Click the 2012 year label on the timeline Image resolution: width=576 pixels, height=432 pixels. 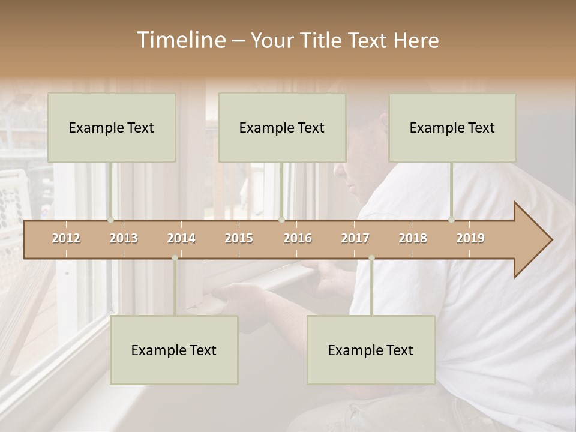click(x=66, y=238)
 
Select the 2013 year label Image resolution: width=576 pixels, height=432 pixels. click(x=124, y=238)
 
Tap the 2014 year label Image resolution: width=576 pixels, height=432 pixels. click(x=181, y=238)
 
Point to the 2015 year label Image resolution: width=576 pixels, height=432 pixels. click(x=239, y=238)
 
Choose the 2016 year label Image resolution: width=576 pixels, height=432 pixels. click(x=298, y=238)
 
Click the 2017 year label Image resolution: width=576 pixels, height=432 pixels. click(x=355, y=238)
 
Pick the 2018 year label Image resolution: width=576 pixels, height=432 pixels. click(x=413, y=238)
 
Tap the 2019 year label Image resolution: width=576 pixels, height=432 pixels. click(x=470, y=238)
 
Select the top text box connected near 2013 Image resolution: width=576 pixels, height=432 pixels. click(x=112, y=127)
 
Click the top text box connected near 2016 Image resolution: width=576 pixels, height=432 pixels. click(x=282, y=127)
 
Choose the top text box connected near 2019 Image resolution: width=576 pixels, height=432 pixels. click(x=452, y=127)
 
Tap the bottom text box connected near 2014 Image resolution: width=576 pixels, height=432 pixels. click(x=174, y=350)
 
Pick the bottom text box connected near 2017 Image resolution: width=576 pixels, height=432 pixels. click(x=371, y=350)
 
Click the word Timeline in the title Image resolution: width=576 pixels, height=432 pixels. click(x=180, y=40)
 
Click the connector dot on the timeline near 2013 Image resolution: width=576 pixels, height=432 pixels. click(x=111, y=220)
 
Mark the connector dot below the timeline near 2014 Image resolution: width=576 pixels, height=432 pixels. click(x=175, y=258)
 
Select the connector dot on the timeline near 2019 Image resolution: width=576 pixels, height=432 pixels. click(x=452, y=220)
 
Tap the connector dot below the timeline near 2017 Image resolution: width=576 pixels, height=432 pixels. click(x=371, y=258)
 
